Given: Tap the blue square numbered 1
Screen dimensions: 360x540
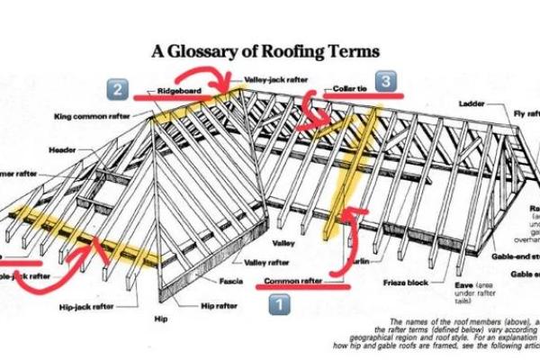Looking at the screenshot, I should click(x=280, y=304).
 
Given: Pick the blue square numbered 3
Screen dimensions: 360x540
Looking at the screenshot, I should click(x=384, y=82).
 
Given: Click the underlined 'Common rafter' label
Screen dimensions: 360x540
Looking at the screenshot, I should click(x=292, y=282).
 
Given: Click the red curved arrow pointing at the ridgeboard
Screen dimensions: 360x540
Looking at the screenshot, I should click(x=220, y=84).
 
